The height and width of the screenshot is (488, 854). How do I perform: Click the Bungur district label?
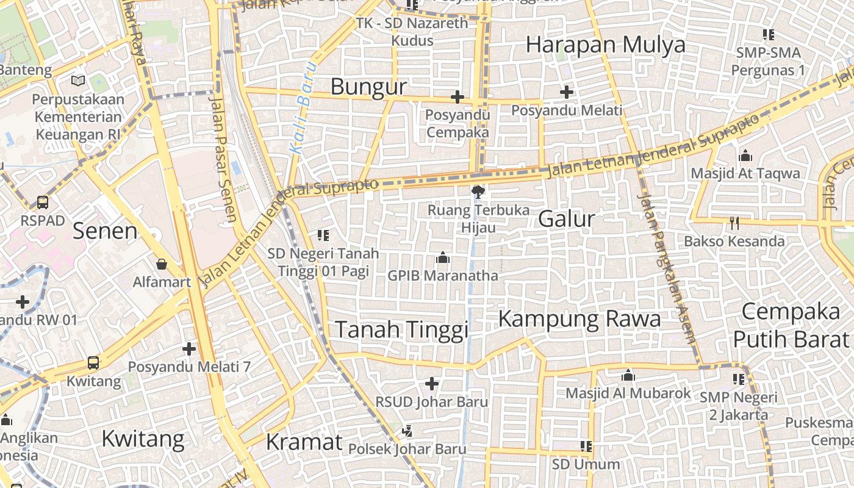click(368, 87)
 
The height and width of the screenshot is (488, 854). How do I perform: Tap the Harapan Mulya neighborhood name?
click(605, 45)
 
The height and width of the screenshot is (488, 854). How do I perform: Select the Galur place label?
click(566, 219)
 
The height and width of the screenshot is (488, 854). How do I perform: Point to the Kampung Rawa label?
click(579, 319)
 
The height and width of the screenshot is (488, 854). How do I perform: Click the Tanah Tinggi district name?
click(402, 330)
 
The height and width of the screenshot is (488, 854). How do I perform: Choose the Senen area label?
click(105, 231)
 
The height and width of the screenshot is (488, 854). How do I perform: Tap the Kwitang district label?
click(143, 439)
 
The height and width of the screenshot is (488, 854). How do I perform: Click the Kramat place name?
click(304, 442)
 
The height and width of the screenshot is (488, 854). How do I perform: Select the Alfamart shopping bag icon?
click(162, 264)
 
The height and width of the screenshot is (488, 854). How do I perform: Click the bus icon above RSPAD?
click(43, 202)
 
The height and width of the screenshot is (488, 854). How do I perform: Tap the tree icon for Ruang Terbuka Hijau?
click(478, 192)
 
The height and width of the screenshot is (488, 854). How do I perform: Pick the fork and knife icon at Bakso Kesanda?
click(734, 223)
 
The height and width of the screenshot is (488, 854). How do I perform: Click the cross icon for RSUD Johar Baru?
click(432, 384)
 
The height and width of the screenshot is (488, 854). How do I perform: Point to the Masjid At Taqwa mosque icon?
click(745, 156)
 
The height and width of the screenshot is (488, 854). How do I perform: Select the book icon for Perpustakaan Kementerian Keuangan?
click(78, 81)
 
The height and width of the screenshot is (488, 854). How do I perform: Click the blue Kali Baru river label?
click(303, 107)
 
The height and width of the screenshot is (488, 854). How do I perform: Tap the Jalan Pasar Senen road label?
click(222, 156)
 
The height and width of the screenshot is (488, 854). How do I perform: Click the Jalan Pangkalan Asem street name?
click(666, 268)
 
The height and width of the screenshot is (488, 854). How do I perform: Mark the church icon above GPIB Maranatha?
click(443, 258)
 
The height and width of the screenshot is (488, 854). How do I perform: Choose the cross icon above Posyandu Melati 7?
click(189, 349)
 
